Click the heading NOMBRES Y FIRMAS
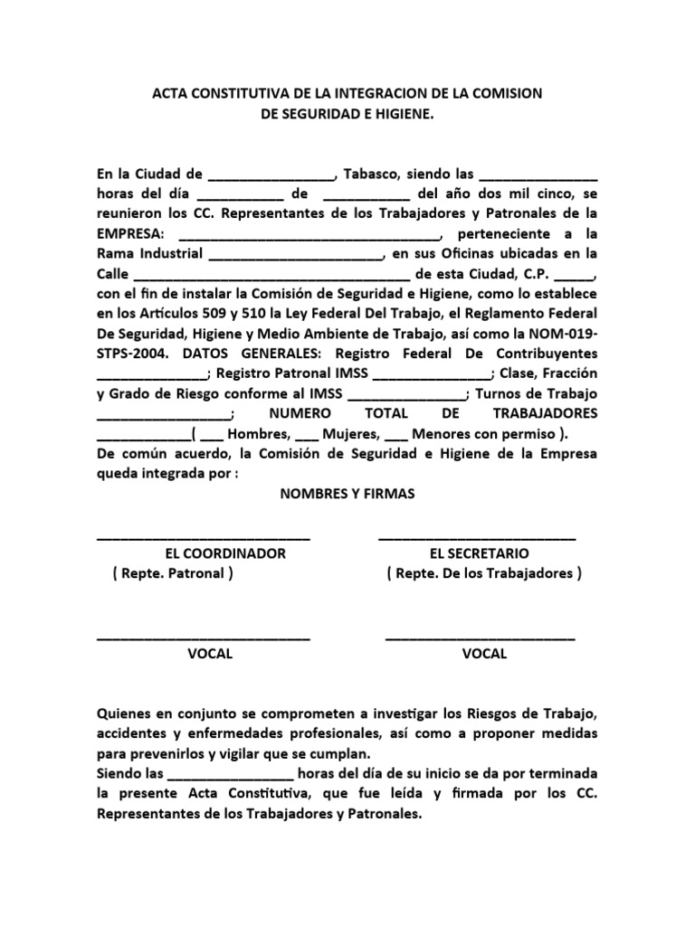tap(347, 493)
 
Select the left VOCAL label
tap(210, 654)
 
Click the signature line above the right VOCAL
tap(480, 639)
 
